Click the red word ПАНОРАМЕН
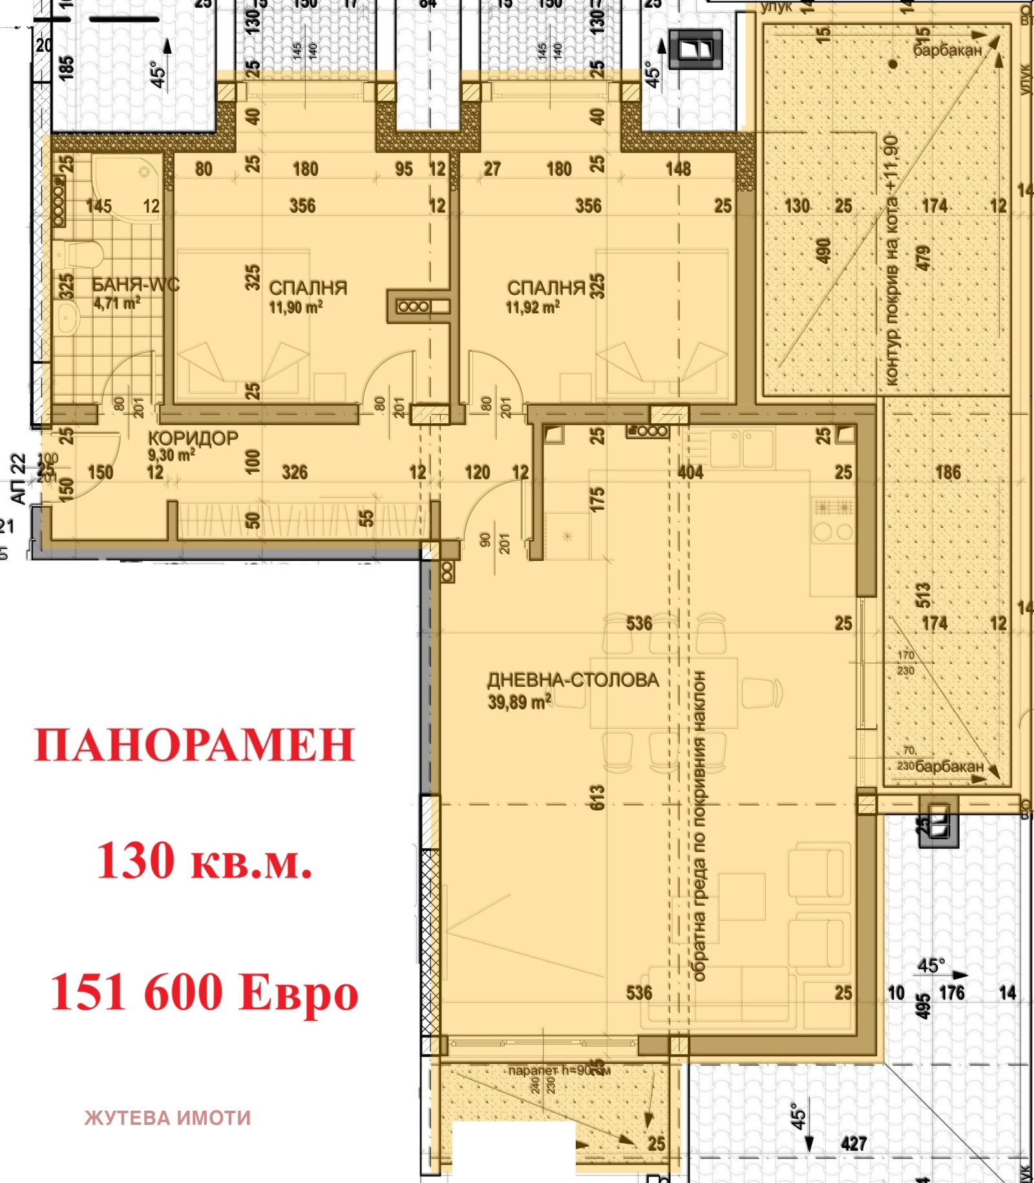point(194,745)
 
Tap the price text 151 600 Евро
point(204,993)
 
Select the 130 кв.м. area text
point(204,861)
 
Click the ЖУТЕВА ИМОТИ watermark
point(167,1118)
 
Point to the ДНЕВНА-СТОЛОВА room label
point(573,680)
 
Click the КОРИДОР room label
point(193,438)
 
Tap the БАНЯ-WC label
point(134,285)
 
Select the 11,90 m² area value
point(295,307)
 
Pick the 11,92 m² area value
point(532,307)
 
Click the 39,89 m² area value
point(519,702)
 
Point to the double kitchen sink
point(741,448)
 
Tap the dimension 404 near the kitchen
point(690,472)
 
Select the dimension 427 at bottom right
point(853,1144)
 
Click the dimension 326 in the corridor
point(295,472)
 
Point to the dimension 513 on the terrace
point(923,594)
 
